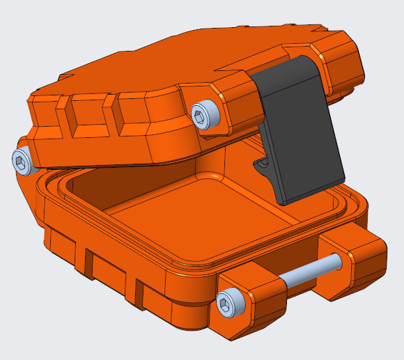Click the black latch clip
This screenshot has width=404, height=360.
click(300, 139)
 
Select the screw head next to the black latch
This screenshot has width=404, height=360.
click(206, 114)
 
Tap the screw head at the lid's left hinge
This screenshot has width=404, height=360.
click(24, 162)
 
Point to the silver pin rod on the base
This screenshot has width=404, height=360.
click(310, 272)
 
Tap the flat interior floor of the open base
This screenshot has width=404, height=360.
click(209, 223)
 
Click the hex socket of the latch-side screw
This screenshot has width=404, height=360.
click(204, 114)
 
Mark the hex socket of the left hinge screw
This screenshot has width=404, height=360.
click(22, 162)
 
